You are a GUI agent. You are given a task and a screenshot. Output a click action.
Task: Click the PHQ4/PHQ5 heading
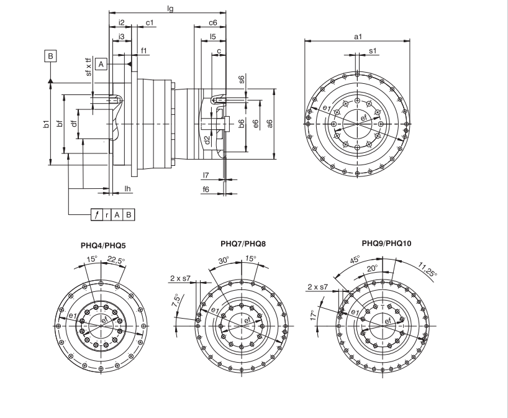point(102,246)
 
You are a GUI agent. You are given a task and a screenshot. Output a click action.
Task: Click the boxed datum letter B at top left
point(51,56)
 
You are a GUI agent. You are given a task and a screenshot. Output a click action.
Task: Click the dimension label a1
point(358,37)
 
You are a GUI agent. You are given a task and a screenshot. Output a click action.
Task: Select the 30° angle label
point(223,261)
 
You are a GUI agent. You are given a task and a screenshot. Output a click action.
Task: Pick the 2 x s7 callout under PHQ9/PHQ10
point(319,288)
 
